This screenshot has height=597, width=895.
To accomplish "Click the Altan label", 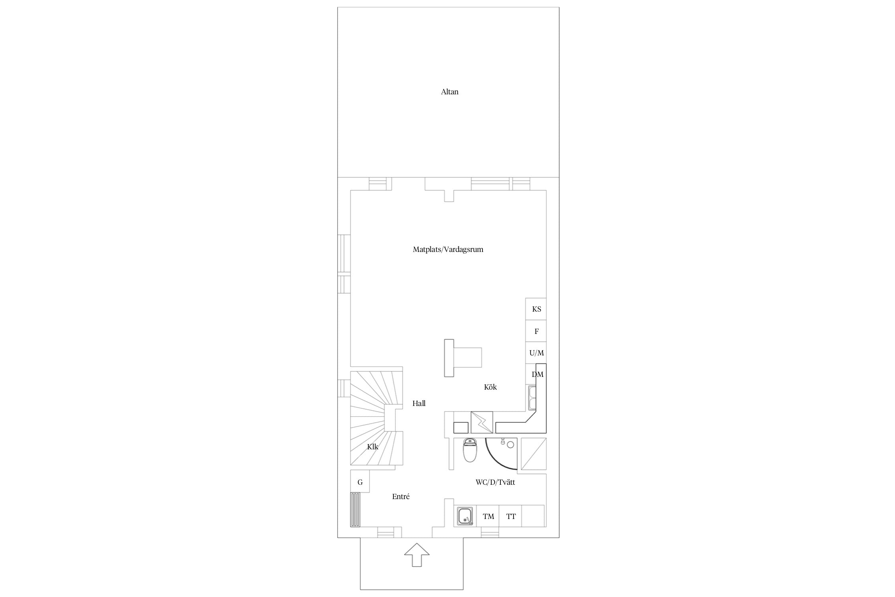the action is click(449, 92).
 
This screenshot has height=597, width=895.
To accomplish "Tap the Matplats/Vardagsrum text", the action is click(448, 250).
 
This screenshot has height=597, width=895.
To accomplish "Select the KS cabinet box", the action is click(536, 309).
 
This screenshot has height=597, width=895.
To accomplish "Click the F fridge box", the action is click(536, 331).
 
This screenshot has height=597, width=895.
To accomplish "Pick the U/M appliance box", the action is click(536, 353).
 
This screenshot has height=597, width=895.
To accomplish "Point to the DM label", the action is click(537, 375).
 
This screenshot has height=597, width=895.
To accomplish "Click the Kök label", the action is click(490, 387).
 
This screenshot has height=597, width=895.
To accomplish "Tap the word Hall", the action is click(419, 404).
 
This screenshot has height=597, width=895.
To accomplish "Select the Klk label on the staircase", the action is click(373, 447).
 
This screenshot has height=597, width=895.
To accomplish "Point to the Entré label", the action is click(401, 497).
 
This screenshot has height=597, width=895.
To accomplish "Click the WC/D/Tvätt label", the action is click(495, 482).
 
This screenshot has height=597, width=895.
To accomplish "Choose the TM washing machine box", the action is click(488, 516).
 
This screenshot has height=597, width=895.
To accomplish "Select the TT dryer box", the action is click(511, 516).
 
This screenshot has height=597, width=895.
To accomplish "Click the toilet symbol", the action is click(470, 450).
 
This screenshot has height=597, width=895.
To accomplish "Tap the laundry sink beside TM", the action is click(465, 516).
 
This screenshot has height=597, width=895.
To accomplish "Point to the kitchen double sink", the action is click(532, 398).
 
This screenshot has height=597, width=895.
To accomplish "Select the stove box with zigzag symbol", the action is click(482, 422).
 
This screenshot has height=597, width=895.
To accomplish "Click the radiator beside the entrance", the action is click(355, 510).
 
